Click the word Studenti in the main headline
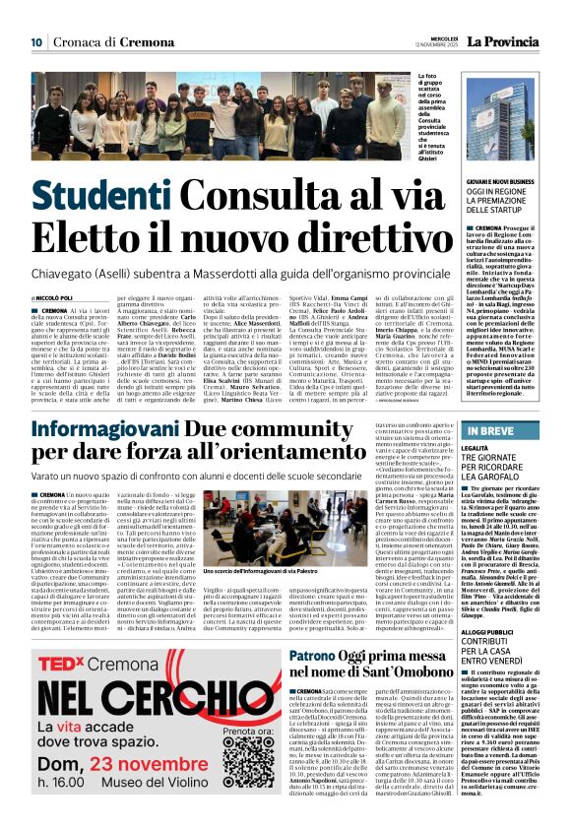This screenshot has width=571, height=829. [112, 195]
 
